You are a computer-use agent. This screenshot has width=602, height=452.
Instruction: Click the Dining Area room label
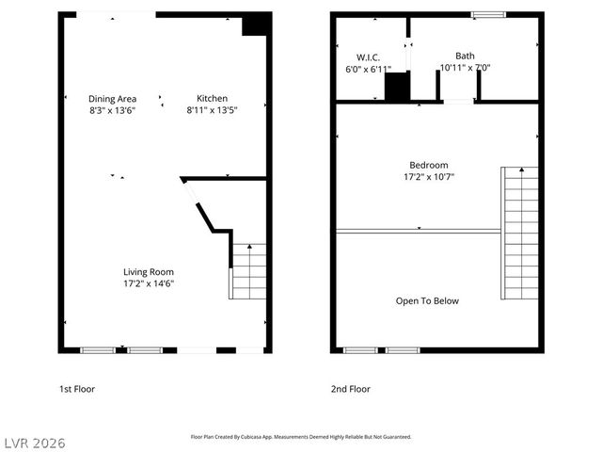[112, 98]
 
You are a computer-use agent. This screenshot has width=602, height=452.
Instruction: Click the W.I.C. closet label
[368, 56]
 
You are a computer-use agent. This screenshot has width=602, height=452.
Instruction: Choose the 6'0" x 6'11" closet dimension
[368, 69]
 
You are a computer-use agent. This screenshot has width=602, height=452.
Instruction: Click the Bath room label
[465, 56]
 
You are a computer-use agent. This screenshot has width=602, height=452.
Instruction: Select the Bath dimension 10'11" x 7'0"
[465, 68]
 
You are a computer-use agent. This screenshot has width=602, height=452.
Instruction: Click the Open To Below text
[427, 301]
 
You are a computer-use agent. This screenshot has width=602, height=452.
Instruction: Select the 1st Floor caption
[77, 389]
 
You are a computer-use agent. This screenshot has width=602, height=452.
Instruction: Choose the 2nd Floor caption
[350, 389]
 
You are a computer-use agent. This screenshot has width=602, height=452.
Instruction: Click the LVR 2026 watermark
[34, 443]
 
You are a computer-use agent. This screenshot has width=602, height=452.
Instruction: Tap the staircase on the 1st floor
[249, 271]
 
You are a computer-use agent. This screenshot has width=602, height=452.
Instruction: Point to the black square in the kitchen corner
[254, 24]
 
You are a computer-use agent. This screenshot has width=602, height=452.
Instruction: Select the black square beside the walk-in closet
[397, 88]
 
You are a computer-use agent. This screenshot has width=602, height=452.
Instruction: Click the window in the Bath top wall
[487, 14]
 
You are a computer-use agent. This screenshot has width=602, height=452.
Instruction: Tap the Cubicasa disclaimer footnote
[301, 437]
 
